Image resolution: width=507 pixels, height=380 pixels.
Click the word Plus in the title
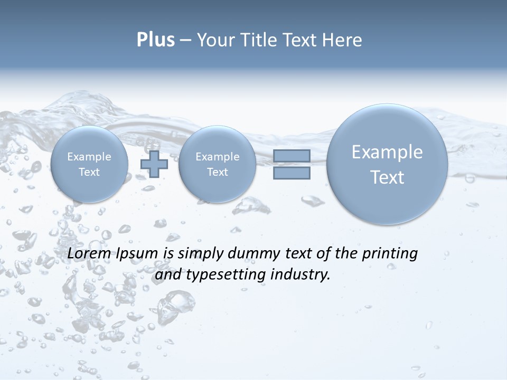click(155, 40)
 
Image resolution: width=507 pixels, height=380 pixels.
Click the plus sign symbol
click(154, 164)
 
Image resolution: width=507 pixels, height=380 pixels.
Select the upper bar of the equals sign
click(292, 156)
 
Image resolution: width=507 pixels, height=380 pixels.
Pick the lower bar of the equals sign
click(292, 173)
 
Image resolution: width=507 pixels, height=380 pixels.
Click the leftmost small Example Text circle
click(89, 164)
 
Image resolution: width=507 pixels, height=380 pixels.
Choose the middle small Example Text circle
click(217, 164)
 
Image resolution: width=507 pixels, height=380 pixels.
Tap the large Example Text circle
click(387, 164)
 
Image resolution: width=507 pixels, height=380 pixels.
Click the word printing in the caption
click(390, 254)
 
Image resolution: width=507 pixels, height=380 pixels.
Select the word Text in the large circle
click(387, 177)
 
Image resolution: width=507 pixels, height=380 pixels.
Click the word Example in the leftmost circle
click(89, 157)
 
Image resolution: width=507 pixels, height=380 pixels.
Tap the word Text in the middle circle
click(217, 172)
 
